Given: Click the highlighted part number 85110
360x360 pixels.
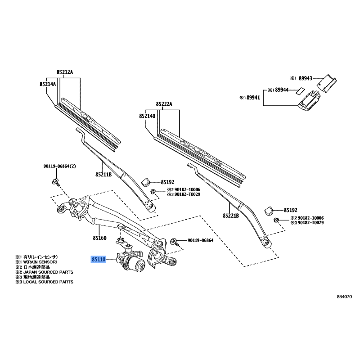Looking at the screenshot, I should click(98, 260).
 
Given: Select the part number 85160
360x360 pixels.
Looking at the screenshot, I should click(99, 238).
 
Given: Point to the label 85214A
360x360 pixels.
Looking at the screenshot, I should click(47, 84).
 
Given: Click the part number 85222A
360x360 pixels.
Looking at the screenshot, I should click(164, 104).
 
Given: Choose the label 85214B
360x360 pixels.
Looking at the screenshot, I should click(147, 116).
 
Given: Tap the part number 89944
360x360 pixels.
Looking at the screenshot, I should click(282, 90).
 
